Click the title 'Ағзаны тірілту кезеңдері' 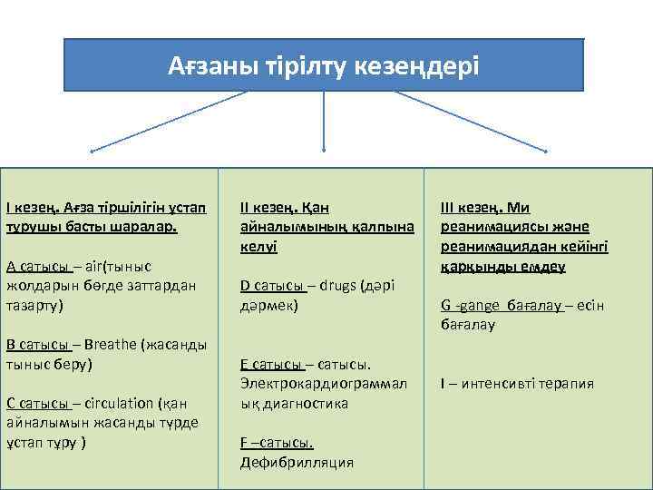point(324,66)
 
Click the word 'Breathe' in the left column point(108,345)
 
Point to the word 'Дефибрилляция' point(297,463)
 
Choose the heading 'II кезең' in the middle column point(268,207)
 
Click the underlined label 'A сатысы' point(37,266)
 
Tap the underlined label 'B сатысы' point(37,345)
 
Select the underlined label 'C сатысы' point(37,404)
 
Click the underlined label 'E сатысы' point(271,365)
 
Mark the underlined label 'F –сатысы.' point(277,443)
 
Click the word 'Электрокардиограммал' point(324,384)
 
